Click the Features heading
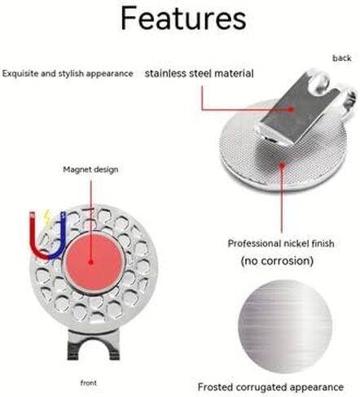[183, 19]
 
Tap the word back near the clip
[342, 58]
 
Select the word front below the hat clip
[89, 382]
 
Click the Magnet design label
[90, 170]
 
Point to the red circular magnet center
[94, 260]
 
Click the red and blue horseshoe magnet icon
[47, 238]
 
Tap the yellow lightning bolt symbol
[47, 218]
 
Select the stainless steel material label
[200, 73]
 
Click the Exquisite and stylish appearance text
[68, 73]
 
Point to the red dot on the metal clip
[291, 109]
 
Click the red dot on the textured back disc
[283, 165]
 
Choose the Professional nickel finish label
[281, 243]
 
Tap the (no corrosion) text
[277, 261]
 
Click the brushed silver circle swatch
[285, 326]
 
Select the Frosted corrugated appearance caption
[270, 387]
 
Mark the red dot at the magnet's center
[91, 262]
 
